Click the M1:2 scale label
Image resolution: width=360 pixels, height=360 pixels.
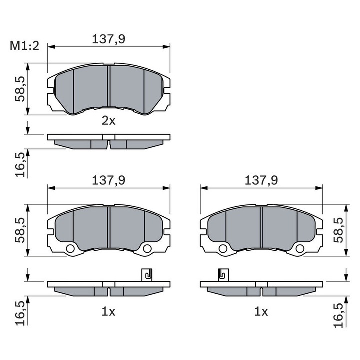pyautogui.click(x=24, y=46)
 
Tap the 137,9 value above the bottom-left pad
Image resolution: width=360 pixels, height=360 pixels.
pyautogui.click(x=109, y=180)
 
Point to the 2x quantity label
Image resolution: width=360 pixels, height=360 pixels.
pyautogui.click(x=108, y=120)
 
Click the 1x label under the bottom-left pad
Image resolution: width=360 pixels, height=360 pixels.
pyautogui.click(x=108, y=312)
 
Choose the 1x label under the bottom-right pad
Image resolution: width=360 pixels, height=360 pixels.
pyautogui.click(x=261, y=312)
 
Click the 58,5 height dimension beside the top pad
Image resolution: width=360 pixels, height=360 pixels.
pyautogui.click(x=19, y=89)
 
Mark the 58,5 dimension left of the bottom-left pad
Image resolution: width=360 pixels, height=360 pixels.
pyautogui.click(x=19, y=230)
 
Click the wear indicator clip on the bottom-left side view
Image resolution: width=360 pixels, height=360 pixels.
pyautogui.click(x=147, y=275)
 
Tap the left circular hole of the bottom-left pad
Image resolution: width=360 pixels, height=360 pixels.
pyautogui.click(x=70, y=249)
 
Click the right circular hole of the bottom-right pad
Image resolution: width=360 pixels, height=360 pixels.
pyautogui.click(x=300, y=249)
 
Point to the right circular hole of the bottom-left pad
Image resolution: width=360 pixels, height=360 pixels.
pyautogui.click(x=147, y=249)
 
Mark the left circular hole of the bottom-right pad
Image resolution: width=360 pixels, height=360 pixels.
pyautogui.click(x=223, y=249)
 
